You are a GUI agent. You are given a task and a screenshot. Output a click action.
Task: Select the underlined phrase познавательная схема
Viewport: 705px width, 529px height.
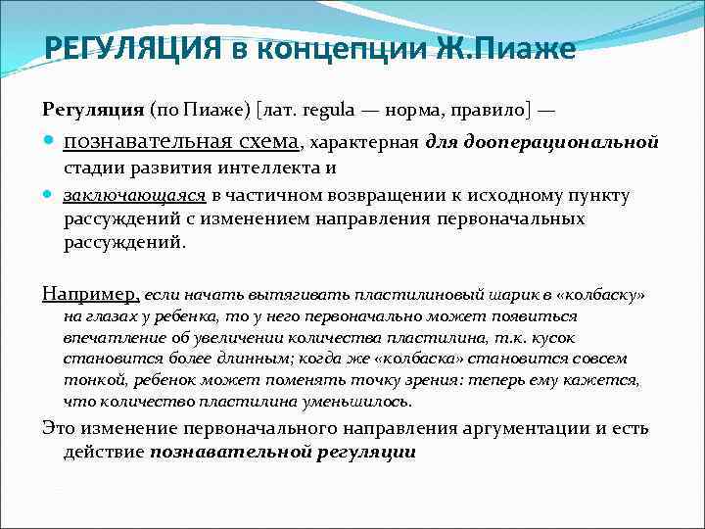(x=181, y=142)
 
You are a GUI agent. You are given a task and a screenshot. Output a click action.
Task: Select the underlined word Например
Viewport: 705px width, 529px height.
(x=91, y=293)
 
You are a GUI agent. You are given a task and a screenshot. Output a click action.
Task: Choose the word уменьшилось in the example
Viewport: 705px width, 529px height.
(x=354, y=402)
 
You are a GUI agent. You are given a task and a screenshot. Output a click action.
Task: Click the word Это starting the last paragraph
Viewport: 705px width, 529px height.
(x=59, y=428)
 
